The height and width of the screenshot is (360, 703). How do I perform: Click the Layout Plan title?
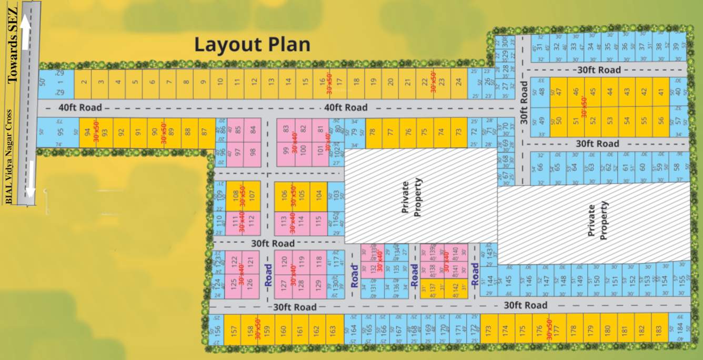point(252,45)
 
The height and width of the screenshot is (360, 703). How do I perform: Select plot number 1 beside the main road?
point(59,83)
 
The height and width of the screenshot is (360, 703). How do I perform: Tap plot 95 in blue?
point(59,133)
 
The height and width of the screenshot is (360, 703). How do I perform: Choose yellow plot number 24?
point(458,83)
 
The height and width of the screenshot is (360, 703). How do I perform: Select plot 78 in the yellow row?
point(374,132)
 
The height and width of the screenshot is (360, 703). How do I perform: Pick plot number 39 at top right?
point(676,47)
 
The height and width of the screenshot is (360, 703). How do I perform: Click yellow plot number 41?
point(660,92)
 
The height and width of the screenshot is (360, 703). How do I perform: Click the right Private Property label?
point(597,221)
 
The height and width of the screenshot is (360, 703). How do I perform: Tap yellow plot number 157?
point(233,331)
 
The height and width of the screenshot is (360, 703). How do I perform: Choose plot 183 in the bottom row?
point(658,330)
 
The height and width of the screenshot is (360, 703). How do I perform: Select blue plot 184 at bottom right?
point(679,330)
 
